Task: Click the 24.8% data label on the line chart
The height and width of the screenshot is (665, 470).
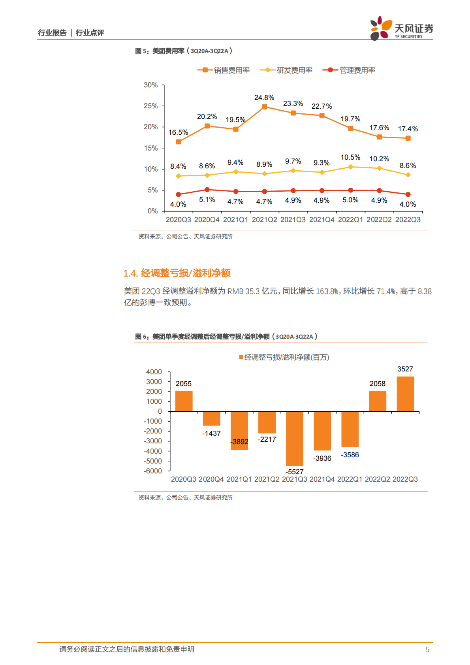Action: [x=264, y=98]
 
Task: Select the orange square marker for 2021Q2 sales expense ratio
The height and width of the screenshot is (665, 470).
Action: [x=265, y=107]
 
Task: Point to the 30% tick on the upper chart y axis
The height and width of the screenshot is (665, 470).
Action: [x=150, y=85]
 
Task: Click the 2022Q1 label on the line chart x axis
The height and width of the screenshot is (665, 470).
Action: [x=350, y=220]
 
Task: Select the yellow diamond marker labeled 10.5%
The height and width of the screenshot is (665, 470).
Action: [x=350, y=167]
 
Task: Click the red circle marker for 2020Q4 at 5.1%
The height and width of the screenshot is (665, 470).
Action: [x=207, y=190]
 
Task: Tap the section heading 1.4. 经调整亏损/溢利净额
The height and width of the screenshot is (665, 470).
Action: [x=177, y=273]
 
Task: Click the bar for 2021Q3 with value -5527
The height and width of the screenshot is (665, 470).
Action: [x=295, y=439]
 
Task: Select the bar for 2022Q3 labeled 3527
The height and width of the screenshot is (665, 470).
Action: [x=405, y=394]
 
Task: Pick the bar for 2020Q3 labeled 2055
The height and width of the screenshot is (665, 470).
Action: [x=184, y=401]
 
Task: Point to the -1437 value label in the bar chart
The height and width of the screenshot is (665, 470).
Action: [x=211, y=433]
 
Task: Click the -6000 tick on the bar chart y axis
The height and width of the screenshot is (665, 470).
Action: [x=153, y=471]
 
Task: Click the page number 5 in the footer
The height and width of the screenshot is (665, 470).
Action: [x=427, y=650]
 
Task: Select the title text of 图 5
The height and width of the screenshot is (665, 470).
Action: [x=184, y=51]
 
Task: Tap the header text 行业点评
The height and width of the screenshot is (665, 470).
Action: [x=90, y=33]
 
